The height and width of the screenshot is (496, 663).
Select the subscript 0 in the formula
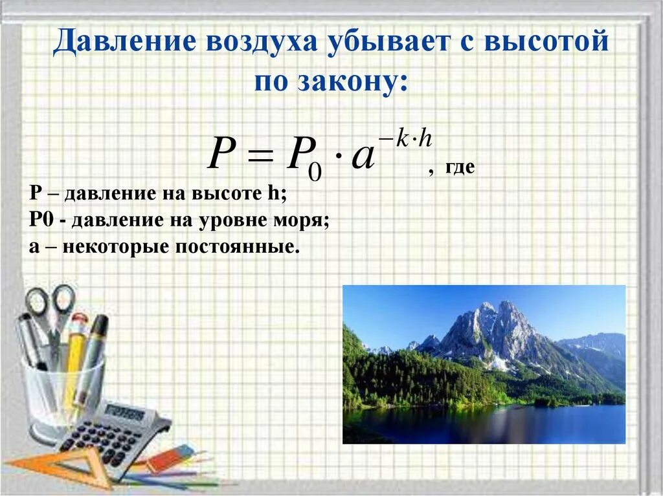315,171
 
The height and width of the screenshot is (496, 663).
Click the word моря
295,220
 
